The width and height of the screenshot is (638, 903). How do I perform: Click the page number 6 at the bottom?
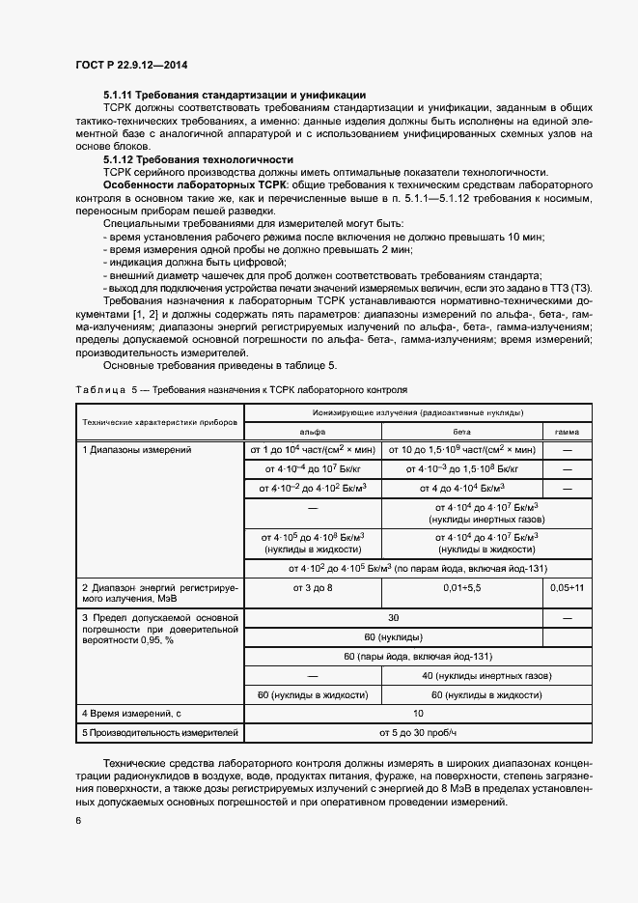(x=77, y=821)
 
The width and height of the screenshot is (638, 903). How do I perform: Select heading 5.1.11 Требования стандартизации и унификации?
(x=234, y=95)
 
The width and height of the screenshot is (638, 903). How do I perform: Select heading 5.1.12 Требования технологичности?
(x=199, y=158)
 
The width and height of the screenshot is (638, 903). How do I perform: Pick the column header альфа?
(x=313, y=432)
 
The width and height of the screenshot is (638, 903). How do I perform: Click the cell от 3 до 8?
(x=313, y=587)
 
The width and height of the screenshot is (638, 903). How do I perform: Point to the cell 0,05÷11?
(x=567, y=587)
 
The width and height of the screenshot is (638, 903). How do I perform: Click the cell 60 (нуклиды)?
(x=393, y=637)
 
